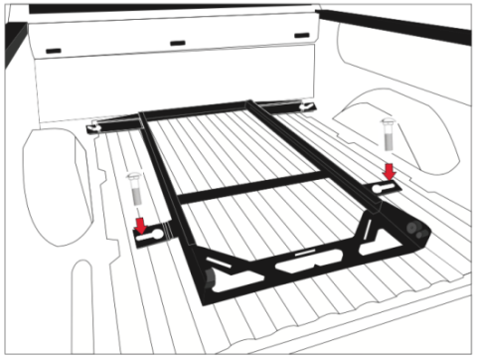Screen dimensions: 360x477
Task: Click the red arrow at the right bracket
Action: point(389,172)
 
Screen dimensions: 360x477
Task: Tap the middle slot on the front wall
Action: point(178,43)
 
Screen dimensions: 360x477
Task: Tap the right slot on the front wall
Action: point(299,37)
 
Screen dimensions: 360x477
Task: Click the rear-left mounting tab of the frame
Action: point(98,125)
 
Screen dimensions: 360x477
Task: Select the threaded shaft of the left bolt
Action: point(134,199)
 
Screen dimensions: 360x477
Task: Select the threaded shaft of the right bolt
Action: point(387,145)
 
